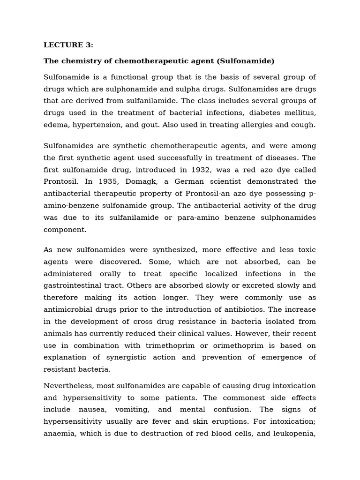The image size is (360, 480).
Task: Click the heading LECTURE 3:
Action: click(x=68, y=45)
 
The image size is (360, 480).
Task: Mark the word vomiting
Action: click(x=133, y=409)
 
